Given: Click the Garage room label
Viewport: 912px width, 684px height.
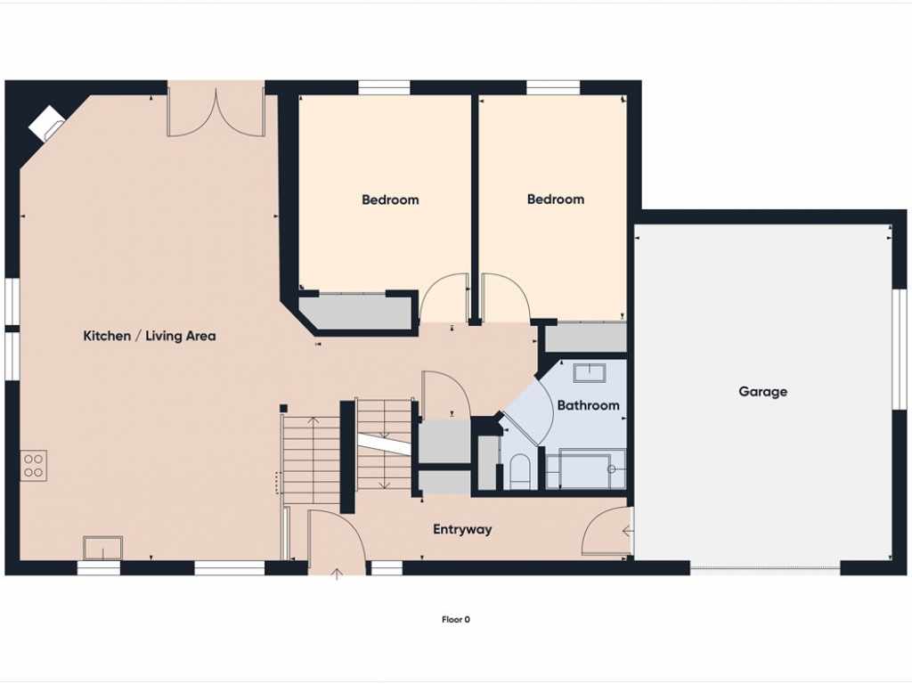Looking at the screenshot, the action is [x=762, y=392].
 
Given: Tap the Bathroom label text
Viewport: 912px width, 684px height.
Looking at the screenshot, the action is [x=588, y=405].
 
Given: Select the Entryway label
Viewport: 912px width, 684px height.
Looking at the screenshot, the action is [x=462, y=529].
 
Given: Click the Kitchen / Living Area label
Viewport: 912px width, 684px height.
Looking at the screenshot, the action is [x=150, y=336].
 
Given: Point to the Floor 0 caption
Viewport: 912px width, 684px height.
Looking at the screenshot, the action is [x=455, y=620].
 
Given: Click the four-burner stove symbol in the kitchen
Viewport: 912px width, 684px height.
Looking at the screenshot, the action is [x=34, y=465].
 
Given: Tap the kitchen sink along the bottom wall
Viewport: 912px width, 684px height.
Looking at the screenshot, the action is [x=103, y=548].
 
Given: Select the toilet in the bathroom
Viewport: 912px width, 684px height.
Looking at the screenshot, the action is [x=519, y=470].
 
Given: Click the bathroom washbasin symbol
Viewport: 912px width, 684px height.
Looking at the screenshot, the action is [x=590, y=373].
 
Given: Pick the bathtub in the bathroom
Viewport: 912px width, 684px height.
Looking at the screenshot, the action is [x=586, y=468].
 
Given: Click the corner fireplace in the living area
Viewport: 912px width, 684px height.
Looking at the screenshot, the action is [x=47, y=123].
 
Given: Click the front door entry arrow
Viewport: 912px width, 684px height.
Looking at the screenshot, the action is [x=337, y=574].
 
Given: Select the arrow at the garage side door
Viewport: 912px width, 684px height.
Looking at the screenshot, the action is [x=627, y=531].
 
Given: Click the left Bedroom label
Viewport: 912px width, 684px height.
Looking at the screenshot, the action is [x=390, y=199].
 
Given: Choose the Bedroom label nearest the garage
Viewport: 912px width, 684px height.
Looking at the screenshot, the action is [x=556, y=199].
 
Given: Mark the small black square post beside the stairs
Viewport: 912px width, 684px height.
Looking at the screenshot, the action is [x=284, y=409].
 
